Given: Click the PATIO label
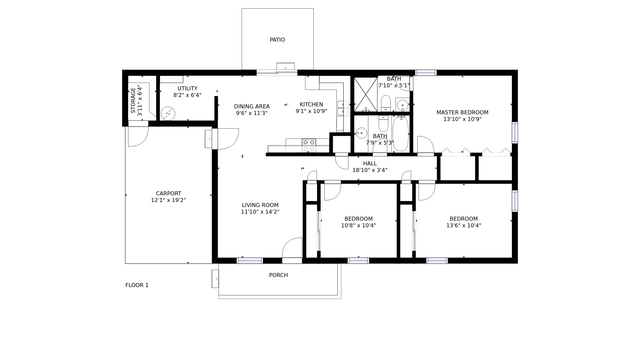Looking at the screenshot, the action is click(277, 40).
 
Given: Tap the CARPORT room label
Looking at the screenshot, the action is click(168, 194).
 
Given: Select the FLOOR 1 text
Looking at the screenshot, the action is click(137, 285).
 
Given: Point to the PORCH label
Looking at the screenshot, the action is click(278, 275).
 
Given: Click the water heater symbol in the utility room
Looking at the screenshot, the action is click(168, 114).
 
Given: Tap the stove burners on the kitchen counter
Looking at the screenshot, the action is click(309, 146).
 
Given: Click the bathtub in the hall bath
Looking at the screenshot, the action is click(400, 134).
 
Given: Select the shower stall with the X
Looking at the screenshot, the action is click(366, 94).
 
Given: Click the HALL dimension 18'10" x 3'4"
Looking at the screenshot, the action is click(370, 170).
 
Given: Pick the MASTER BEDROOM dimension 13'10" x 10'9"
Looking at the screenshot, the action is click(462, 119).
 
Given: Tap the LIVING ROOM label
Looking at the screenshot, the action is click(260, 205).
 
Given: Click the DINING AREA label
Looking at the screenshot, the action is click(252, 107).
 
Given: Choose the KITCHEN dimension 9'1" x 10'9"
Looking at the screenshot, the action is click(311, 111).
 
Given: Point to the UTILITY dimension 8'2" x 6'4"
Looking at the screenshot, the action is click(187, 95).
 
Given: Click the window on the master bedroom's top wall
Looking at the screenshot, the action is click(426, 73).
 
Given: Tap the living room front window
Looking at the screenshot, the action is click(250, 261).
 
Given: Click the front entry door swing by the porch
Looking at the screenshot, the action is click(292, 248).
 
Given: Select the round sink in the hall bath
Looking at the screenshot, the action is click(361, 133).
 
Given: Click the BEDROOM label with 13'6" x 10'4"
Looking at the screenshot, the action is click(464, 219).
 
